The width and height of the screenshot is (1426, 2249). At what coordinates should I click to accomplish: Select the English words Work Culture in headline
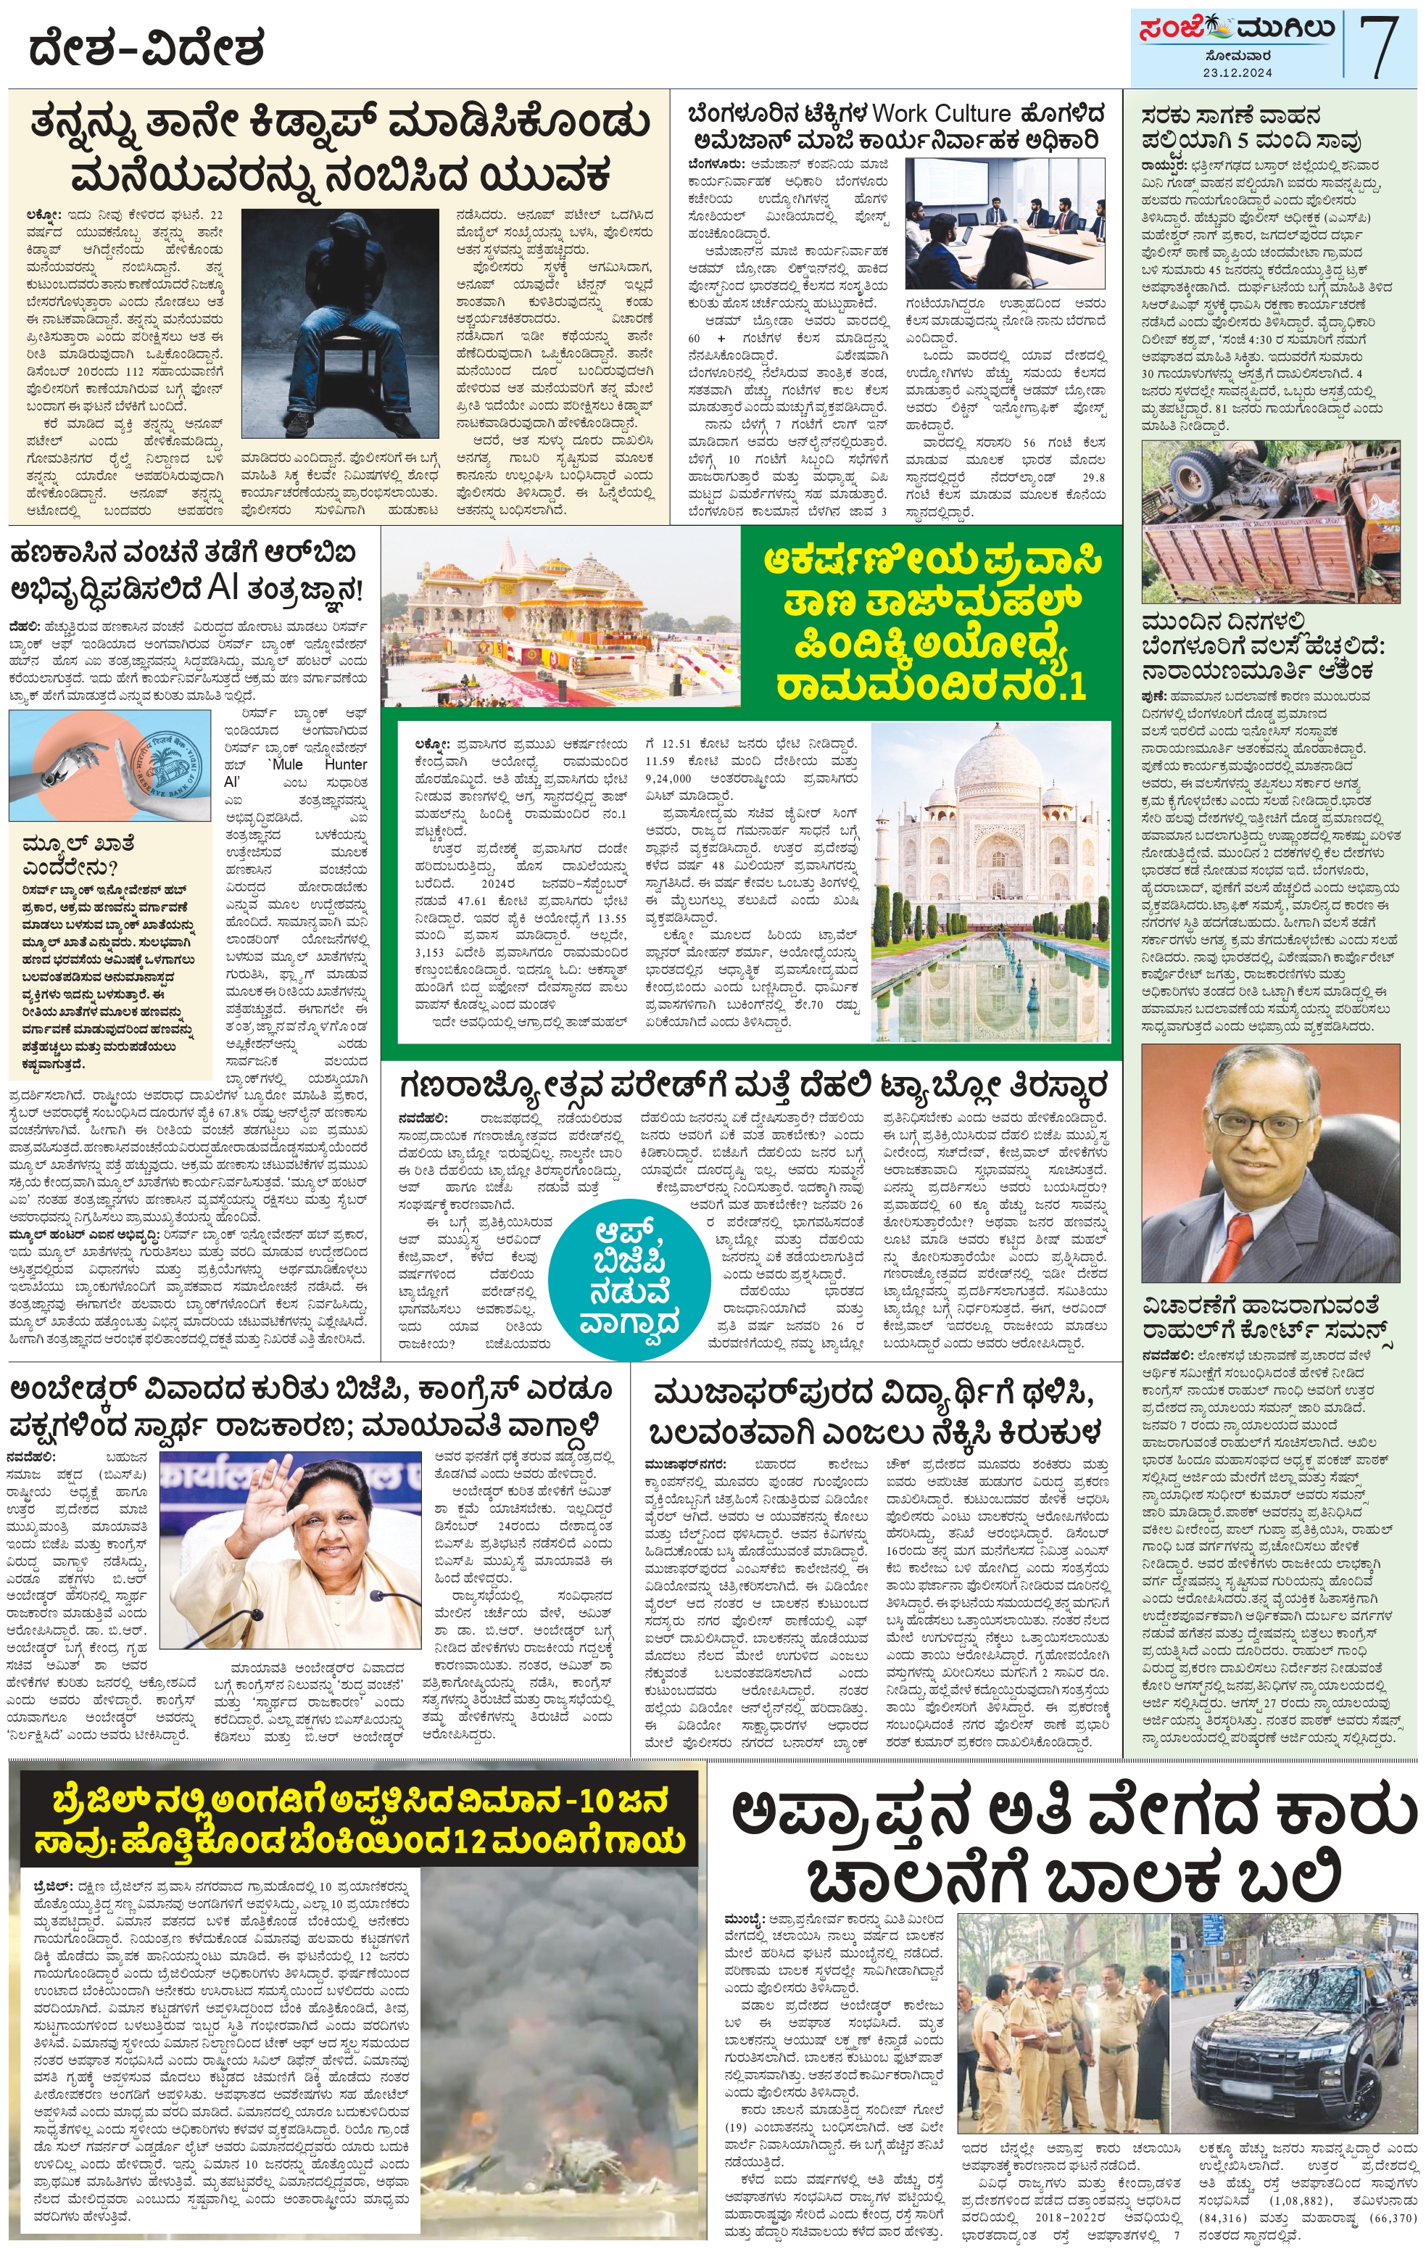tap(941, 114)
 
